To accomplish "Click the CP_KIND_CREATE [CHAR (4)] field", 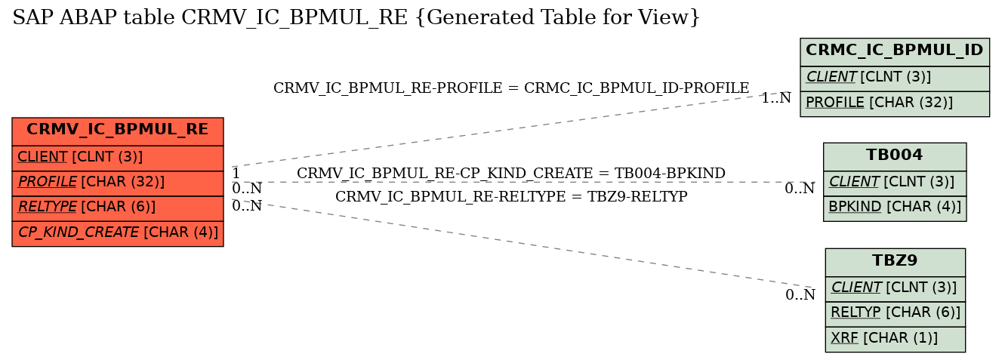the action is click(118, 233).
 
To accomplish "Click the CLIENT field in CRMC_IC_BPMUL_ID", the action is click(895, 78).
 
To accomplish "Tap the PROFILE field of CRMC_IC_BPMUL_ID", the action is click(895, 103).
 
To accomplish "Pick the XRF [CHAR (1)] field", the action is click(895, 339).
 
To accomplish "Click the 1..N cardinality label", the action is click(776, 97).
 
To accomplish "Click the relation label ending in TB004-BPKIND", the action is click(511, 173).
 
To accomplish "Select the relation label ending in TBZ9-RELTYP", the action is click(511, 196).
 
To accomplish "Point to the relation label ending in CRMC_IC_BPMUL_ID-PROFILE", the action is click(511, 88).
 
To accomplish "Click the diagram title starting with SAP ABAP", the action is click(356, 18).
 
